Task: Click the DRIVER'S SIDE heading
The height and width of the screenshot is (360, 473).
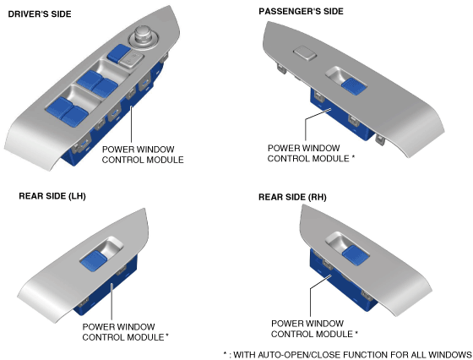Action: (x=40, y=14)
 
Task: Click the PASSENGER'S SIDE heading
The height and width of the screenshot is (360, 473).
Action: (x=301, y=12)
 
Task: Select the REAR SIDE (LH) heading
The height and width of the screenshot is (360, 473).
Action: (x=52, y=196)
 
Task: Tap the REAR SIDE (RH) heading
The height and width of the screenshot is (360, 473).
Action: (x=292, y=198)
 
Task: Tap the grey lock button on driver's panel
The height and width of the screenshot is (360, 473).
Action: (x=131, y=59)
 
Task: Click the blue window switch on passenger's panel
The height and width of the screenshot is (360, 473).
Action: (x=354, y=86)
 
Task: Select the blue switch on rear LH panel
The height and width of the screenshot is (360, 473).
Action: (x=94, y=260)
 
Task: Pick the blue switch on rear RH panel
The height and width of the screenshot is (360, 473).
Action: (x=356, y=255)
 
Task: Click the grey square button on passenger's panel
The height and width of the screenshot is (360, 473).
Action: (x=305, y=53)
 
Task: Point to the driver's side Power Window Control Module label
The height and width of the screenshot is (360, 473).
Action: (x=143, y=155)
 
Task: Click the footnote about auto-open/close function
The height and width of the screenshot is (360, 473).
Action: (x=347, y=355)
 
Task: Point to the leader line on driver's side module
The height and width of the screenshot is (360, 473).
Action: (x=131, y=124)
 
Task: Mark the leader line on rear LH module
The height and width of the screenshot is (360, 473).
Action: (x=111, y=302)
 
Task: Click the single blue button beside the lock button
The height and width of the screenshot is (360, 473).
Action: (x=118, y=52)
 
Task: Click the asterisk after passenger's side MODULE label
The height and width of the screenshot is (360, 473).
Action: (x=353, y=157)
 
